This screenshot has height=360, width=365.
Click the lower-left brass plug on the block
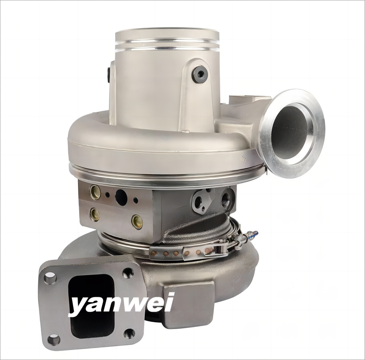coord(95,214)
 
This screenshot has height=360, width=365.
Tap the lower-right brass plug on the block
coord(136,219)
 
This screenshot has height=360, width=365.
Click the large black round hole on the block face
coord(121,195)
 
